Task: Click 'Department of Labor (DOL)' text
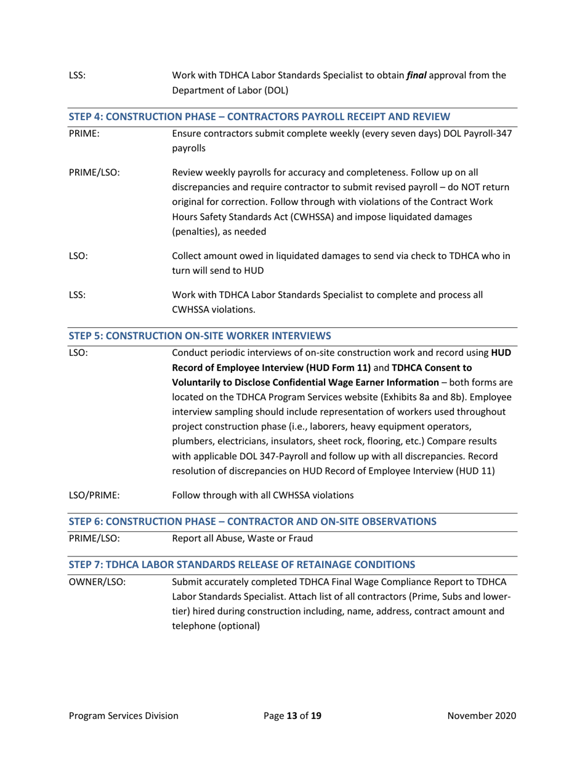227,90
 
